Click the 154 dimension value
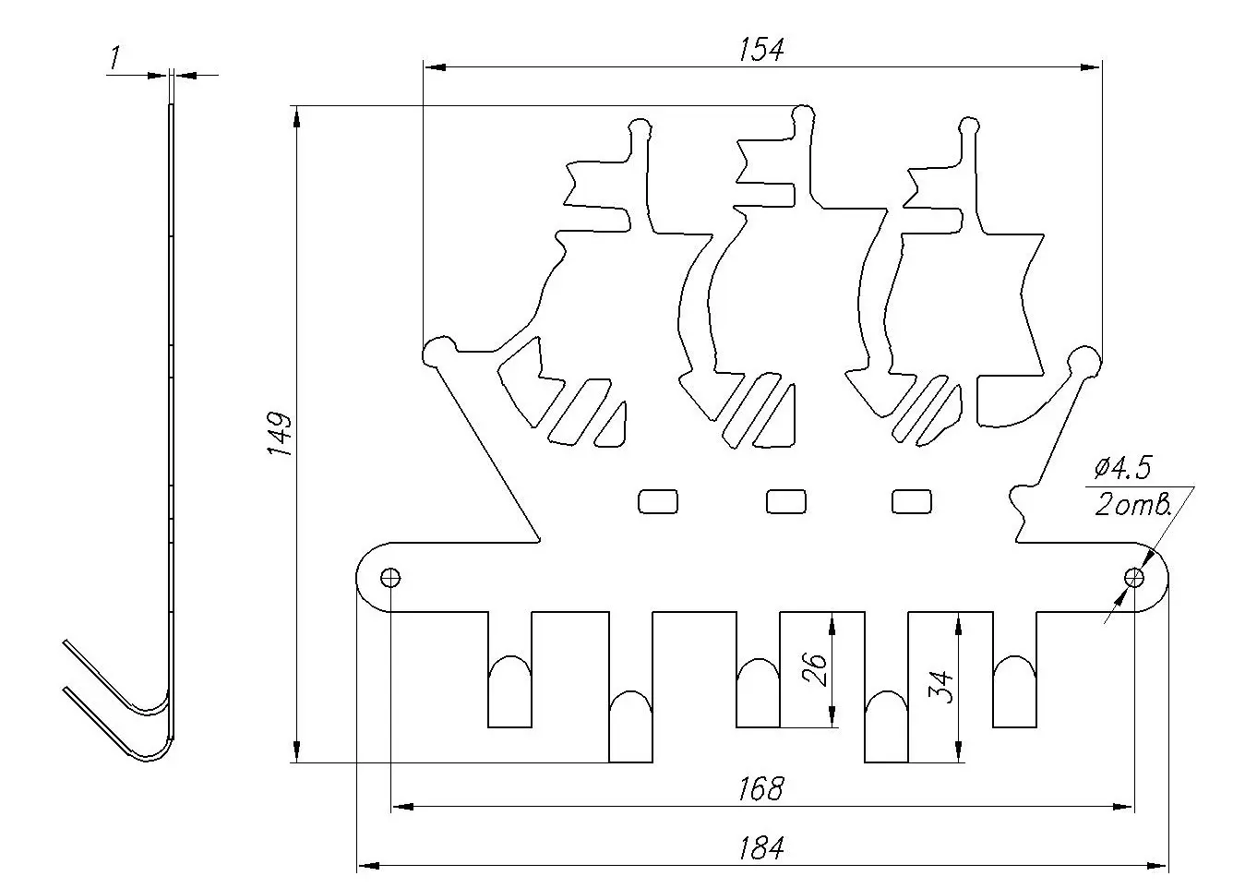coord(761,50)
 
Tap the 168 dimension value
coord(761,789)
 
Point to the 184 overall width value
coord(761,847)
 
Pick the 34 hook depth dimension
coord(943,688)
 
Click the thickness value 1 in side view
coord(114,59)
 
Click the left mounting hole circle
coord(391,578)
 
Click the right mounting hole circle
coord(1134,578)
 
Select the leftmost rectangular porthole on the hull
coord(659,500)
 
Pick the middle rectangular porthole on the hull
coord(786,500)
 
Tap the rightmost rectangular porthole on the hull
coord(912,500)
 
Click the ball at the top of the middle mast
coord(803,114)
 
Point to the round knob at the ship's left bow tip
coord(437,352)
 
